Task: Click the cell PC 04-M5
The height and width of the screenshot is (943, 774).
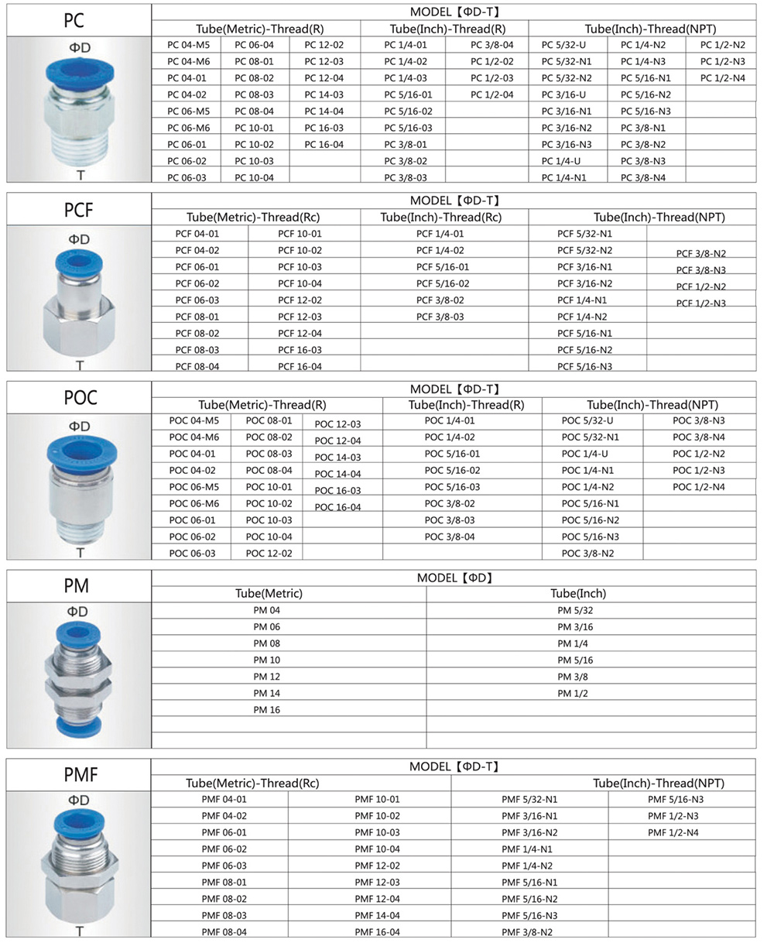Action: (x=188, y=44)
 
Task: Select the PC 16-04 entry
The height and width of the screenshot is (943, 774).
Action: (x=324, y=144)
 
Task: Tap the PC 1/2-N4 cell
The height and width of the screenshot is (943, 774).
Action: (x=722, y=77)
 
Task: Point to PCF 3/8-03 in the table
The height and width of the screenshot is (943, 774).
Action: (x=440, y=317)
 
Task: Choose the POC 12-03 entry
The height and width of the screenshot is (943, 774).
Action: (x=337, y=424)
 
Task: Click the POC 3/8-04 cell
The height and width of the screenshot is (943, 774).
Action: (x=450, y=537)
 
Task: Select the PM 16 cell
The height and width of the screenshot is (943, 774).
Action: (x=266, y=709)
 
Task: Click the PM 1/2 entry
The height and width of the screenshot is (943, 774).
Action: (x=573, y=693)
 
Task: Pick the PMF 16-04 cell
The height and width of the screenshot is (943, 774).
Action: (x=377, y=932)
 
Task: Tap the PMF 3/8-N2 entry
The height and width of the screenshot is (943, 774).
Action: (x=526, y=932)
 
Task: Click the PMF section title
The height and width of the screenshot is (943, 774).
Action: (x=80, y=773)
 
